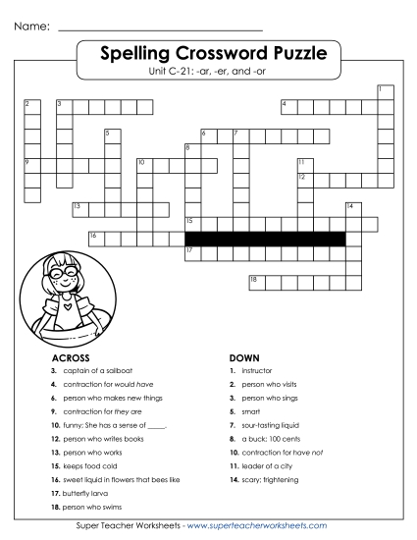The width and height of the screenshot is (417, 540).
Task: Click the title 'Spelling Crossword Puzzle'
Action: (209, 52)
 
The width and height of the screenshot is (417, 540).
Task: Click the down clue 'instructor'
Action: (260, 371)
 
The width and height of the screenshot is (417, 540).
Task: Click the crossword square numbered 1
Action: (383, 92)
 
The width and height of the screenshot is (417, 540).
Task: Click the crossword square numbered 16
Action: (95, 238)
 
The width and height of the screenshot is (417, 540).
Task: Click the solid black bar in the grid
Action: (265, 238)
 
